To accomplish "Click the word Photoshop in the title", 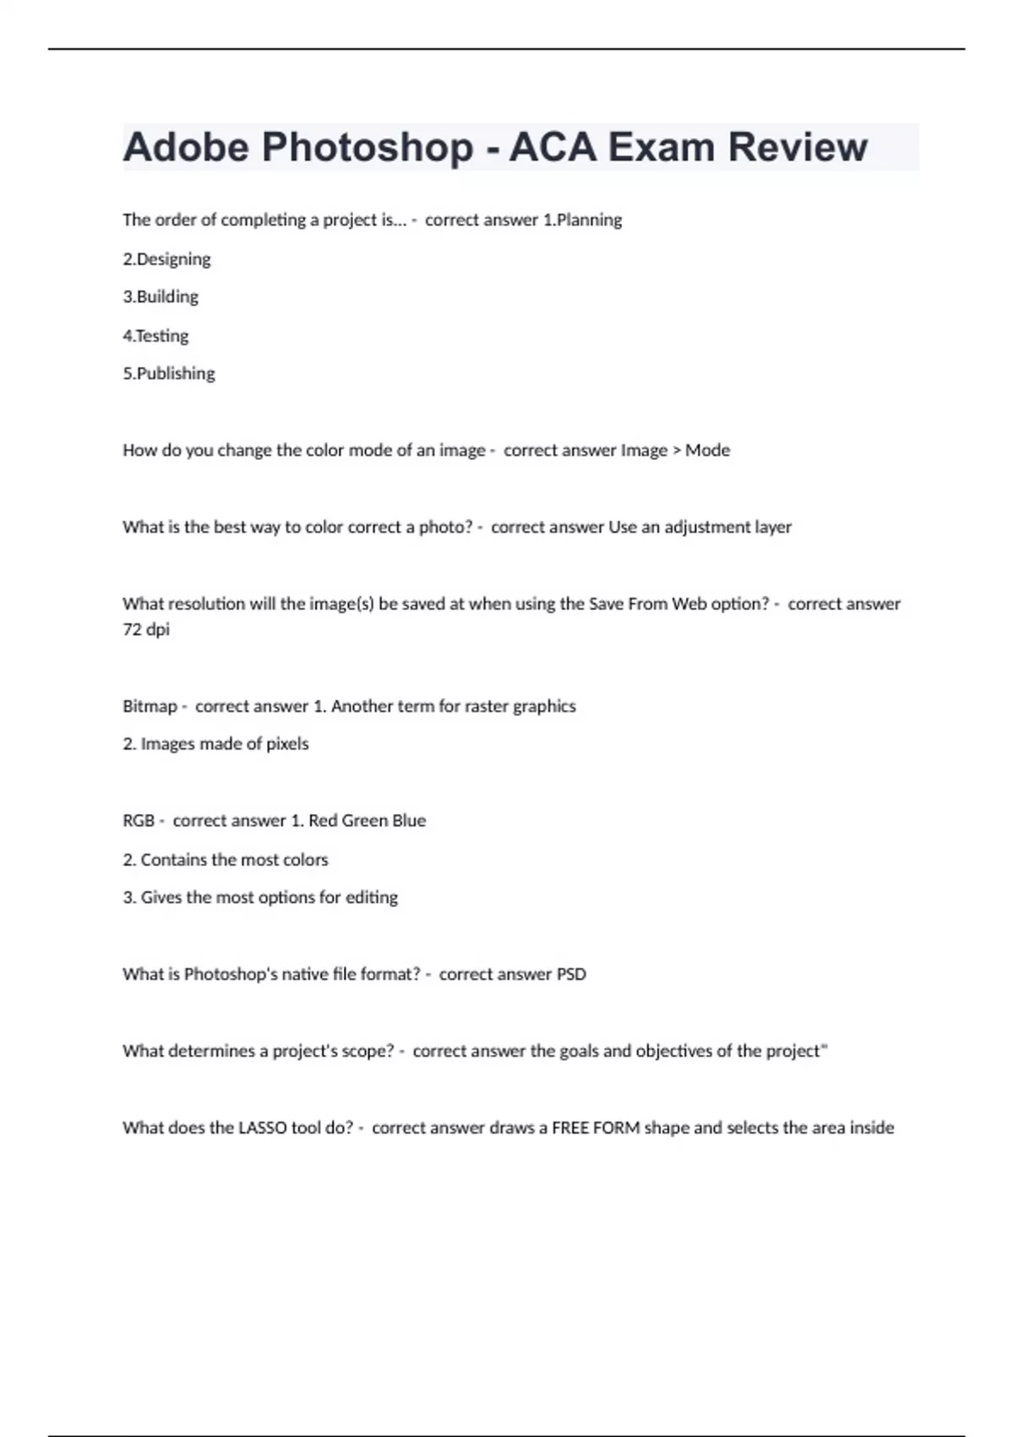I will pyautogui.click(x=368, y=147).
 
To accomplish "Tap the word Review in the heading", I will pyautogui.click(x=797, y=147).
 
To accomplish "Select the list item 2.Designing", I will pyautogui.click(x=166, y=259).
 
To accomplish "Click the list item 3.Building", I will pyautogui.click(x=161, y=297).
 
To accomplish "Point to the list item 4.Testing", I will pyautogui.click(x=155, y=336).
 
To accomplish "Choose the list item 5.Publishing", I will pyautogui.click(x=169, y=374).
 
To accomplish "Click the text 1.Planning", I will pyautogui.click(x=582, y=220).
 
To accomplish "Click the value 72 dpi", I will pyautogui.click(x=146, y=629).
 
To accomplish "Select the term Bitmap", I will pyautogui.click(x=150, y=707).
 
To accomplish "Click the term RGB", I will pyautogui.click(x=139, y=821).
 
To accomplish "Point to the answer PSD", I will pyautogui.click(x=571, y=975).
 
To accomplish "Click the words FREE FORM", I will pyautogui.click(x=596, y=1128).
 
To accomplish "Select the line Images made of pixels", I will pyautogui.click(x=224, y=744).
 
